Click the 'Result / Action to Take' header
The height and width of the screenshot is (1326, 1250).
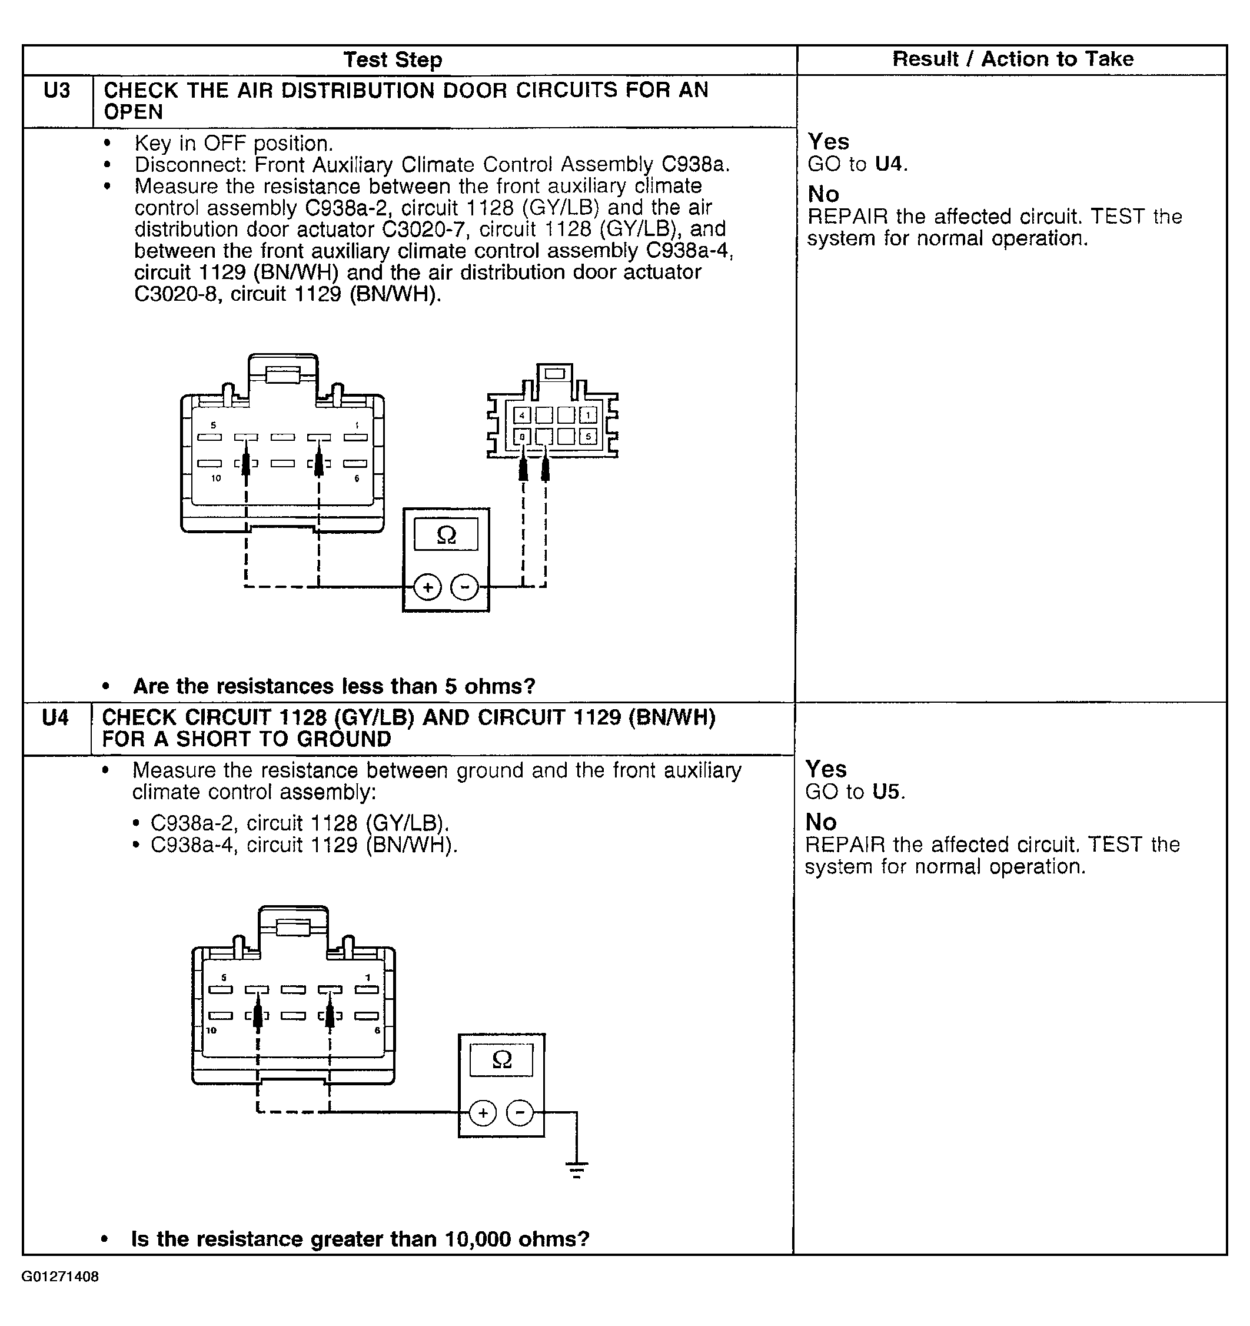click(x=1013, y=59)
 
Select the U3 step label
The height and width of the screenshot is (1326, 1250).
click(x=56, y=91)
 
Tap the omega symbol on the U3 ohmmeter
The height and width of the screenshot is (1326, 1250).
click(x=446, y=535)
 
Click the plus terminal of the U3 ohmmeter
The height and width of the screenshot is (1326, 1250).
click(x=428, y=587)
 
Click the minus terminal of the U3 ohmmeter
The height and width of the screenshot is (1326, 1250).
click(x=465, y=587)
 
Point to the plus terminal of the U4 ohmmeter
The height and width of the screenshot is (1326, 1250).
click(x=483, y=1112)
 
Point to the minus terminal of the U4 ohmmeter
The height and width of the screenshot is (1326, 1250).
click(x=520, y=1112)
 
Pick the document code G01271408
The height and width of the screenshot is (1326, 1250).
click(x=60, y=1277)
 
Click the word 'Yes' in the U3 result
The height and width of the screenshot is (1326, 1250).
click(x=829, y=141)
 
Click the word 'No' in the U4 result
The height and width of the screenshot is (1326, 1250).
click(x=821, y=822)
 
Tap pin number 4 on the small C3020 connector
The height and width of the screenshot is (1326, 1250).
click(x=522, y=416)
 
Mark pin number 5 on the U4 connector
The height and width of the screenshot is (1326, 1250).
click(x=224, y=978)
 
